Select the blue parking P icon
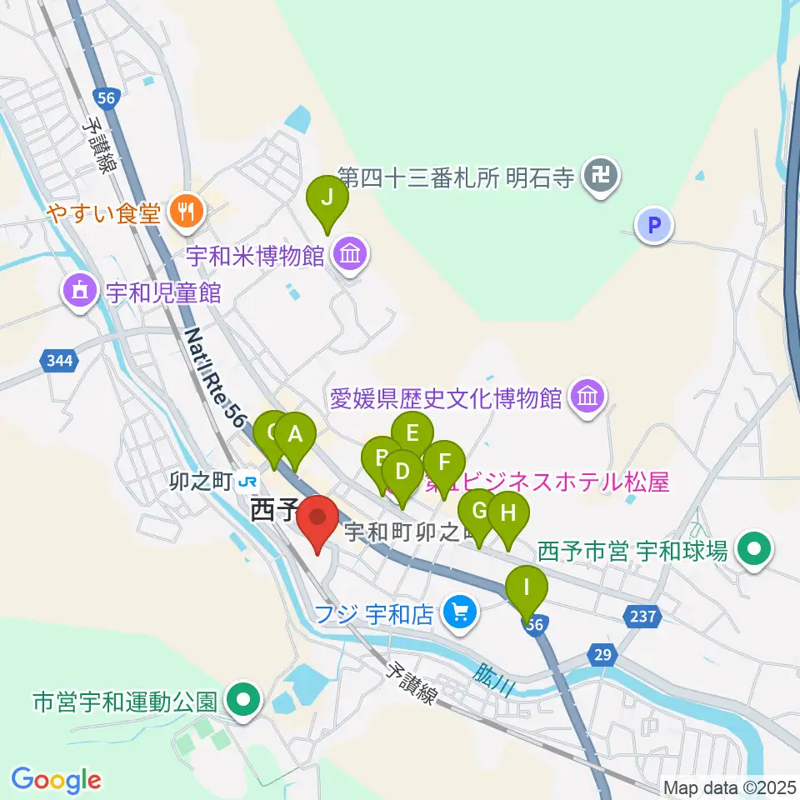654,224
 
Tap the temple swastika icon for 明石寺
598,177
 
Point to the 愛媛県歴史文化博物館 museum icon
588,394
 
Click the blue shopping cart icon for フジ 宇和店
458,614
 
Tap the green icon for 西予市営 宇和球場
756,549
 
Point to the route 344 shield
56,360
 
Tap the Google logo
56,780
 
